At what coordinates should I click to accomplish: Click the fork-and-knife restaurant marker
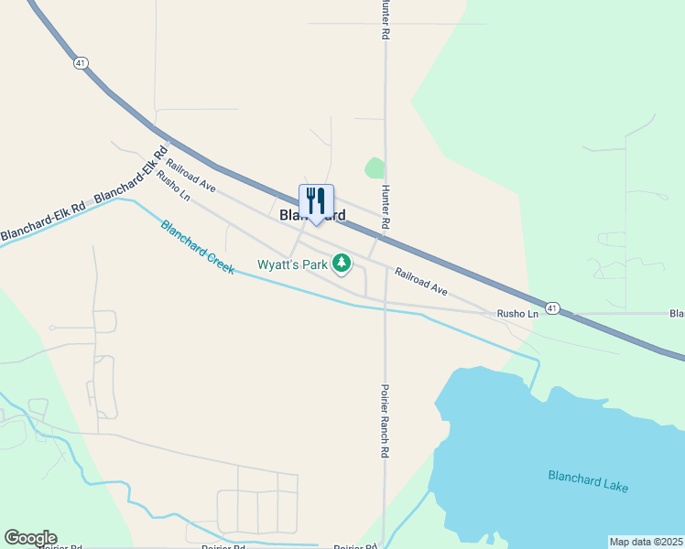(316, 201)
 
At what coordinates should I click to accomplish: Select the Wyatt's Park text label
(292, 266)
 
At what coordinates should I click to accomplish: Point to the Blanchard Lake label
(588, 480)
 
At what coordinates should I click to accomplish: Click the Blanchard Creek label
(197, 248)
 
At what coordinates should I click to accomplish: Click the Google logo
(30, 538)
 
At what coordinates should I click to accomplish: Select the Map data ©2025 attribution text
(647, 542)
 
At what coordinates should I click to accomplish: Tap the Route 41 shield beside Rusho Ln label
(551, 308)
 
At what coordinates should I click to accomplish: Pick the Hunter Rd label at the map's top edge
(386, 19)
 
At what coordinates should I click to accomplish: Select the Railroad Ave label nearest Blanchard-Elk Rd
(190, 175)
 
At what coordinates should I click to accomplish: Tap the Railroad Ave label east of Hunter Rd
(421, 281)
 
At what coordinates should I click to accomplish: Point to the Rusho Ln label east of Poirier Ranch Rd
(517, 314)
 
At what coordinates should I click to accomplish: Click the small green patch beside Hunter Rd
(375, 168)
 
